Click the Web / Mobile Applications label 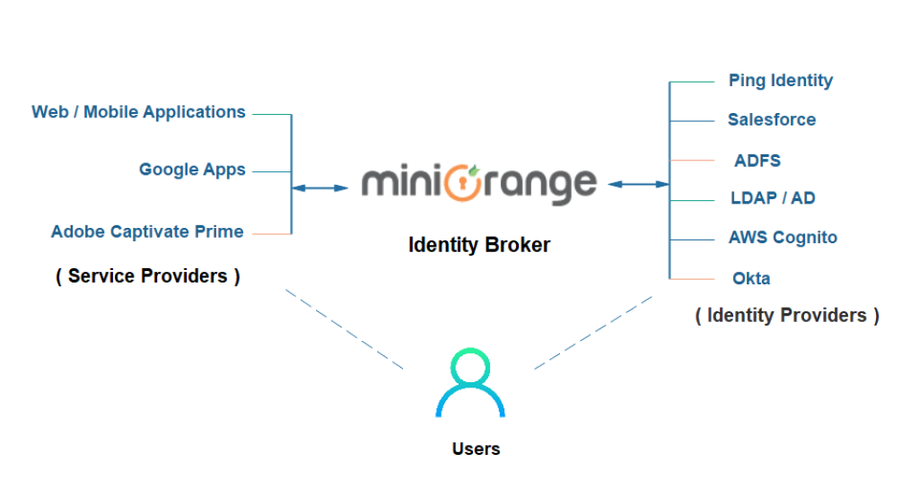[139, 113]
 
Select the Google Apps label [192, 170]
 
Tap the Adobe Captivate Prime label [147, 231]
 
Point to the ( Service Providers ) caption [147, 276]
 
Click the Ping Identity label [780, 81]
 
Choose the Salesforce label [771, 119]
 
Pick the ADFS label [757, 161]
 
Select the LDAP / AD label [771, 198]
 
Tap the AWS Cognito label [783, 238]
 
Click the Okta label [751, 278]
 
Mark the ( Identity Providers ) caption [787, 316]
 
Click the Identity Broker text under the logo [479, 244]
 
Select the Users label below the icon [476, 449]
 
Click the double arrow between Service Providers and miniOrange [320, 188]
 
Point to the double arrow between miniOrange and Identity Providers [636, 185]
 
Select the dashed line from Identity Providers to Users [595, 330]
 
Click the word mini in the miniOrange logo [402, 183]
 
